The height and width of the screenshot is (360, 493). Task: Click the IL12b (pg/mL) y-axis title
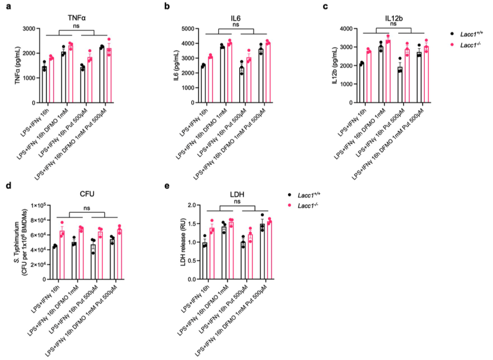pos(335,65)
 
